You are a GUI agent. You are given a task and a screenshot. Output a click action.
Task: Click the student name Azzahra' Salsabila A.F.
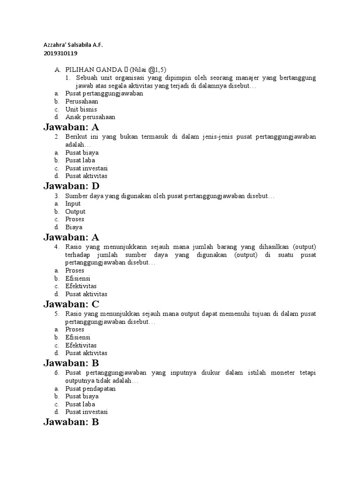73,45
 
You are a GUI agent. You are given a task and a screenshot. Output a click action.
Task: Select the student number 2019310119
60,53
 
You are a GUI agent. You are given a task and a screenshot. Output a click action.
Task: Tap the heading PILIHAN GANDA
93,69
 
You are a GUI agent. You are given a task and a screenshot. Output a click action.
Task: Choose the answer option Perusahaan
82,101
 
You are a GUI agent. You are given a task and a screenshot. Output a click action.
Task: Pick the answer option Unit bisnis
81,109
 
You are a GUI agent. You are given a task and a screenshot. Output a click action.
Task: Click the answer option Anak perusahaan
90,117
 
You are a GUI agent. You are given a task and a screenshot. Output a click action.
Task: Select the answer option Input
73,203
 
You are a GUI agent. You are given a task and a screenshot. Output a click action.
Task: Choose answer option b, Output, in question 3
75,211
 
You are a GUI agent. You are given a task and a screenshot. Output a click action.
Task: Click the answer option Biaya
74,227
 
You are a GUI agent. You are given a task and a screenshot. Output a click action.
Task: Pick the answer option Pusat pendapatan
90,389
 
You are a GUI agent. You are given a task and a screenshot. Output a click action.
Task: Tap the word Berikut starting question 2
78,136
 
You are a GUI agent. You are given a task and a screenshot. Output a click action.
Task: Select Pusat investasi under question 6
87,412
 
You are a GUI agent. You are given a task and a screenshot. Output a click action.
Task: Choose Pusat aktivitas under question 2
86,176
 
